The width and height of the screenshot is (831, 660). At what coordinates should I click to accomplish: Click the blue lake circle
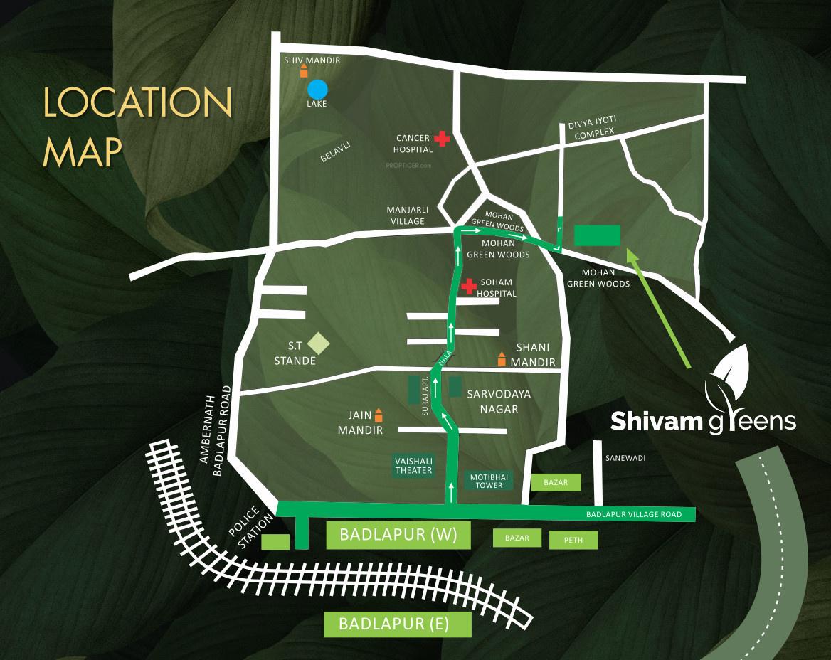point(317,90)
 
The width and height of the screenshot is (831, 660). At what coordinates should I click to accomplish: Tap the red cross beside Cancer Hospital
point(443,139)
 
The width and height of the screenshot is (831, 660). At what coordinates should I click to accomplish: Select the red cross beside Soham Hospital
point(468,287)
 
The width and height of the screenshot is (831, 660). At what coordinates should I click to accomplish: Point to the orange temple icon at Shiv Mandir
point(304,70)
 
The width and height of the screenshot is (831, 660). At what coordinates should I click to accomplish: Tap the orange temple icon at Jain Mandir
point(379,415)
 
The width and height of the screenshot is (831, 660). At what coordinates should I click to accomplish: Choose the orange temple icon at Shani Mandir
point(502,360)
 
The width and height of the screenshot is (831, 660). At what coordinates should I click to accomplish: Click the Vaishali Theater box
point(413,465)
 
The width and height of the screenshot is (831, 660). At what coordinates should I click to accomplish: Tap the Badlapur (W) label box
point(398,535)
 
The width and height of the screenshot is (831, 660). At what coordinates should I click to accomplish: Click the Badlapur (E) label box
point(397,624)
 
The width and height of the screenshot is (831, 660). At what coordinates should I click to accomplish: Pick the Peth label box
point(573,540)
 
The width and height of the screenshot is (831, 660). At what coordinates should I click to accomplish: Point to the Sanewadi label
point(625,459)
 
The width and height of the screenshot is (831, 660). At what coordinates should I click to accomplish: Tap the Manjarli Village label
point(406,215)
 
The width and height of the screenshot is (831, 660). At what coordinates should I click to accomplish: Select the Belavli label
point(336,151)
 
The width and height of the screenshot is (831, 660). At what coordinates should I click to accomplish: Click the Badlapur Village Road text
point(634,514)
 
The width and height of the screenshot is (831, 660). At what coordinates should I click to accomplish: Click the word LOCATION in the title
point(137,104)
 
